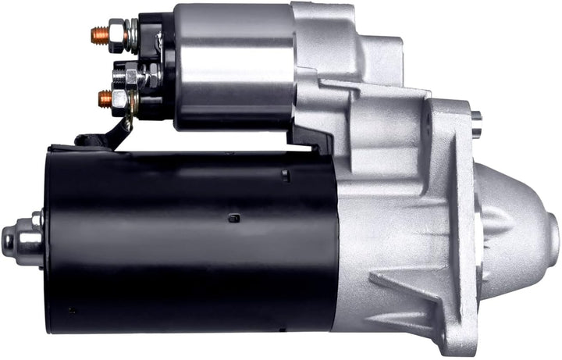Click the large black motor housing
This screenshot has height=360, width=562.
pyautogui.click(x=187, y=242)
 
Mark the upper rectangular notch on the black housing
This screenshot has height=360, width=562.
pyautogui.click(x=286, y=176)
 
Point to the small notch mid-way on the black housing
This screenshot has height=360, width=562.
pyautogui.click(x=233, y=218)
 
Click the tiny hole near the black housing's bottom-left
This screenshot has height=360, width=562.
pyautogui.click(x=73, y=310)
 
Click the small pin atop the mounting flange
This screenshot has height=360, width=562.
pyautogui.click(x=476, y=121)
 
